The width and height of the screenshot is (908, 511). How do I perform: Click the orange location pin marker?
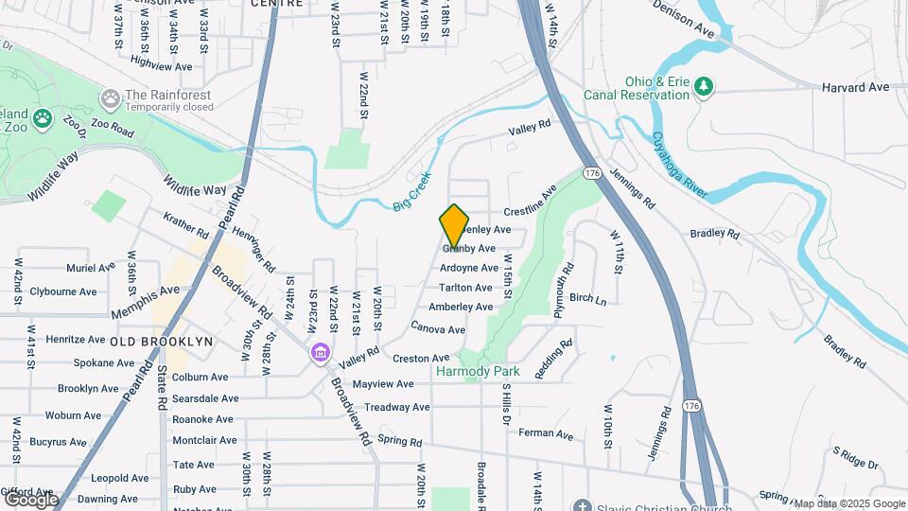(454, 224)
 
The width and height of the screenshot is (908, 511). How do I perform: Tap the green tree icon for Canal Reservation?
(703, 88)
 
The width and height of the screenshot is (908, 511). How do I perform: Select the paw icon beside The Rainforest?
(111, 97)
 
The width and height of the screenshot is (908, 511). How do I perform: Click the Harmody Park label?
(479, 372)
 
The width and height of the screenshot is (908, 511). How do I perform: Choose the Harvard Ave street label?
(855, 87)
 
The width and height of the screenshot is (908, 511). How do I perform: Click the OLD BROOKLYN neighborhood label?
(161, 341)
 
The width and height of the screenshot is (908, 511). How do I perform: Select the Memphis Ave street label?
(144, 300)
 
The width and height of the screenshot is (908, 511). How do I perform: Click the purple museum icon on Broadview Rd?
(321, 353)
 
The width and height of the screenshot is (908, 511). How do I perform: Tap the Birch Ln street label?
(587, 298)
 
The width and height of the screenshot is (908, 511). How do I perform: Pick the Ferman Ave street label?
(547, 434)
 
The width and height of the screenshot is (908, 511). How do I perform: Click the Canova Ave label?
(438, 327)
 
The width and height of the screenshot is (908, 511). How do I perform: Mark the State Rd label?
(163, 386)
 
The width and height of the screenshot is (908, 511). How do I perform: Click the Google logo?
(31, 499)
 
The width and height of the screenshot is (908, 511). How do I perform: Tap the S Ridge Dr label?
(856, 461)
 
